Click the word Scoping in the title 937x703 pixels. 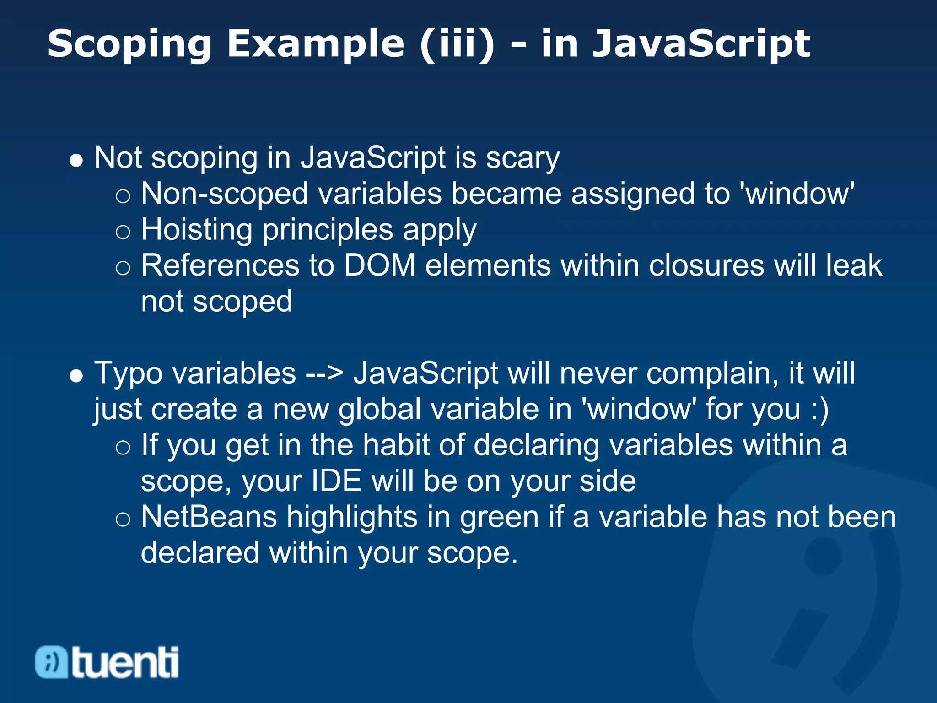pyautogui.click(x=129, y=44)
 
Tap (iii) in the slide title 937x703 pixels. pyautogui.click(x=457, y=44)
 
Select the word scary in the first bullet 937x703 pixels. pyautogui.click(x=522, y=158)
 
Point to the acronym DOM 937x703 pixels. pyautogui.click(x=379, y=265)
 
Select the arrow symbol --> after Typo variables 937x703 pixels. pyautogui.click(x=324, y=373)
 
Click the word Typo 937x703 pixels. pyautogui.click(x=128, y=373)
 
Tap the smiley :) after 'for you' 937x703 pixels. pyautogui.click(x=819, y=409)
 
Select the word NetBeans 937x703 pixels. pyautogui.click(x=209, y=517)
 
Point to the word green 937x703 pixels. pyautogui.click(x=499, y=517)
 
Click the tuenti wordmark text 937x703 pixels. pyautogui.click(x=125, y=662)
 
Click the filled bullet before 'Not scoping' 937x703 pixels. pyautogui.click(x=76, y=160)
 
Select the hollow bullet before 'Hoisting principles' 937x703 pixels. pyautogui.click(x=123, y=232)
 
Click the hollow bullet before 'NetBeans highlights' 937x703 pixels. pyautogui.click(x=123, y=519)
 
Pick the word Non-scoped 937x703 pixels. pyautogui.click(x=224, y=194)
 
